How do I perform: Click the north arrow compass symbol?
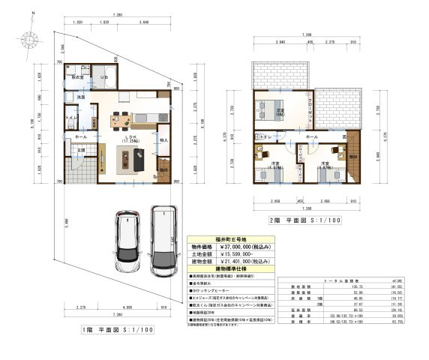[28, 38]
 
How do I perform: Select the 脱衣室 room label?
[76, 76]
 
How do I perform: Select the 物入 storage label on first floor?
[163, 139]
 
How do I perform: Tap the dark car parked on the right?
[162, 236]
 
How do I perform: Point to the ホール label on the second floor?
[312, 136]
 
